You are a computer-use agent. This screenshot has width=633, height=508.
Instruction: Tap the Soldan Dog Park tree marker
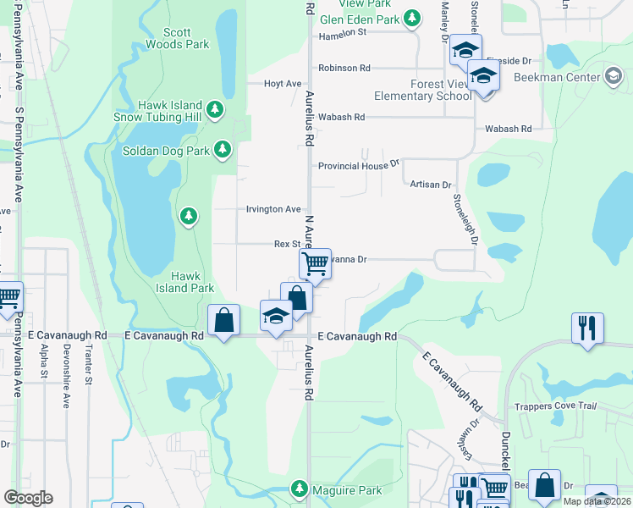(x=223, y=150)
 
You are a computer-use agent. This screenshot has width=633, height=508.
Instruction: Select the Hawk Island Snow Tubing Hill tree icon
(x=216, y=109)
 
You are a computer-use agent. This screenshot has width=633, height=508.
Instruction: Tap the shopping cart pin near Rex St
(x=315, y=262)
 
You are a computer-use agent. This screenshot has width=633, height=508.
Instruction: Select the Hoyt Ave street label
(x=283, y=84)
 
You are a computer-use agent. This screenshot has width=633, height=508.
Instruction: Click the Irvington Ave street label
(x=273, y=209)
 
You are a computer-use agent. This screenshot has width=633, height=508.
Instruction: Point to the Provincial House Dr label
(x=358, y=166)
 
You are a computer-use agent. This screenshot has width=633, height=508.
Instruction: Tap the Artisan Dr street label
(x=431, y=184)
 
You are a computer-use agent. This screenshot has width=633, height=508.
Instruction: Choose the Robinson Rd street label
(x=344, y=68)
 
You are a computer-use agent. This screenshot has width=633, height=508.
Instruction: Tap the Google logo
(x=28, y=497)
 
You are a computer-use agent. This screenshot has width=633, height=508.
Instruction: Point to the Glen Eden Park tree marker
(x=412, y=18)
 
